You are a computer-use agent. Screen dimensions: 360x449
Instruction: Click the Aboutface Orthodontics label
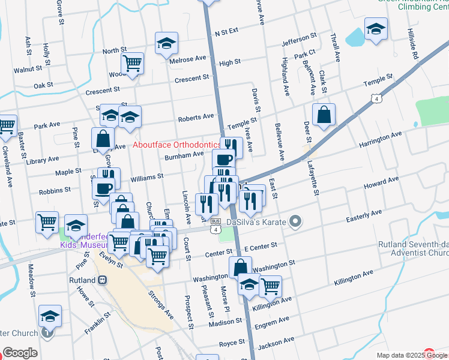[x=176, y=145]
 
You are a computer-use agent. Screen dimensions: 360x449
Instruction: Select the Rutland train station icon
[x=103, y=280]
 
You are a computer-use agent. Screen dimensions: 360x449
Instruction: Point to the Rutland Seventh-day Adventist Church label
[x=413, y=249]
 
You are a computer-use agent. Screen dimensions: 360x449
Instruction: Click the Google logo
[x=20, y=353]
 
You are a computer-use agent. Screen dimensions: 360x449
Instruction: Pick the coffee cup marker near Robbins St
[x=103, y=188]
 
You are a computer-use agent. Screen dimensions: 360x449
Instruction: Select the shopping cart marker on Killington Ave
[x=271, y=286]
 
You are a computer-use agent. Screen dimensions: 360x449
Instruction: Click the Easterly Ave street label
[x=364, y=213]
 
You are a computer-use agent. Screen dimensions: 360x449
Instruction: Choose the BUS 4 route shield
[x=215, y=229]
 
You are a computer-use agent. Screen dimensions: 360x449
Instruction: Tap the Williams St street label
[x=147, y=178]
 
